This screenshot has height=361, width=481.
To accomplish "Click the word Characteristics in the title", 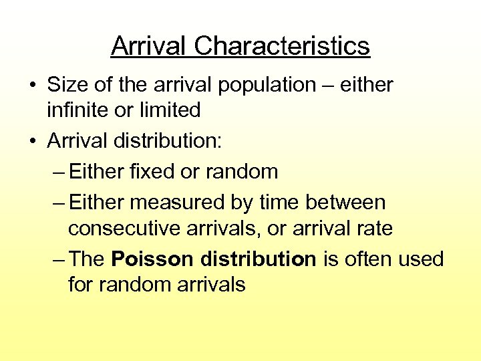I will coord(282,46).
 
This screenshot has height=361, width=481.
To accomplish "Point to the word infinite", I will coord(77,109).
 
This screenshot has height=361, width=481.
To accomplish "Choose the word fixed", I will coord(150,171).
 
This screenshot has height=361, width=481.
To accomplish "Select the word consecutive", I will coord(130,229).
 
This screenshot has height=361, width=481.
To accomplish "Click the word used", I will coord(422,259).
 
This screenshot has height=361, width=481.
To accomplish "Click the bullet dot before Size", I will coord(32,86).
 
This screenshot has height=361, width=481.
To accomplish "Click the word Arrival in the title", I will coord(149,46).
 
